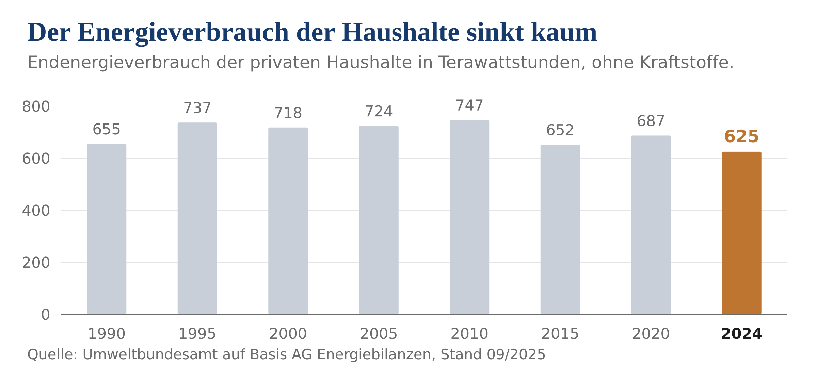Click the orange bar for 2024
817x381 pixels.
pos(741,233)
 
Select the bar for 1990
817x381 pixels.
pos(107,229)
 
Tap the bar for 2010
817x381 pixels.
pos(469,217)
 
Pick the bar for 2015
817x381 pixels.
pos(560,230)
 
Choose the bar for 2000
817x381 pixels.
pos(288,221)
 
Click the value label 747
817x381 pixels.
pos(469,105)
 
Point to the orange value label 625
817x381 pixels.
pos(741,136)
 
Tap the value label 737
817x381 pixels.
pos(197,108)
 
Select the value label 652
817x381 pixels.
pos(560,130)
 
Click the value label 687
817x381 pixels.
pos(651,121)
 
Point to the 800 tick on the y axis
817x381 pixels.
pos(36,106)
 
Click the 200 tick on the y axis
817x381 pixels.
pos(36,263)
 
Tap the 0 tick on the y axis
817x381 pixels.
pos(46,315)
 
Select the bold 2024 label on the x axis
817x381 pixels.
pos(741,334)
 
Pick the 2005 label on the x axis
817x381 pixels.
pos(379,334)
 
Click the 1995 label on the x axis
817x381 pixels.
pos(197,334)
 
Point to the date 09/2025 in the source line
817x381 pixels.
pos(516,354)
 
